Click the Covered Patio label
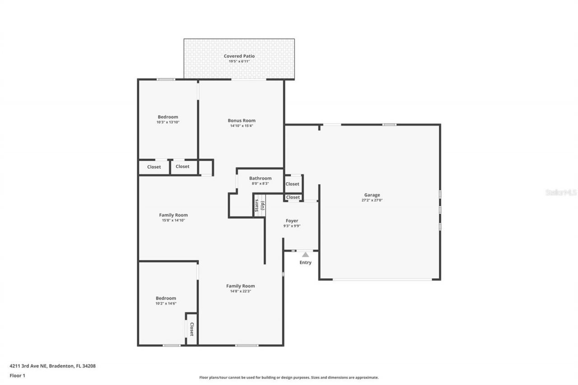click(x=239, y=56)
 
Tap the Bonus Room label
click(x=242, y=121)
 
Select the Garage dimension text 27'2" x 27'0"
click(x=372, y=200)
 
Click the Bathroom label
click(x=260, y=178)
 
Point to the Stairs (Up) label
click(x=259, y=206)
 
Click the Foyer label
click(x=292, y=221)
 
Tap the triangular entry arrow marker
click(x=306, y=255)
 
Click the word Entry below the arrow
click(x=306, y=263)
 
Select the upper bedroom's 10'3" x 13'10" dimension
click(x=168, y=122)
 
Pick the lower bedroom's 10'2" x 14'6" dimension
click(x=166, y=304)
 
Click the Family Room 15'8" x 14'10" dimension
click(x=173, y=220)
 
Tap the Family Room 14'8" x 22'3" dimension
click(x=240, y=291)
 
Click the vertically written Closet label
click(x=191, y=329)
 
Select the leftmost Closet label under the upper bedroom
click(x=154, y=167)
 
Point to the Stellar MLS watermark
click(x=561, y=192)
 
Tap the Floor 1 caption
click(x=17, y=375)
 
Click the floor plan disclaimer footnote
click(x=289, y=377)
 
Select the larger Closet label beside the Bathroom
click(x=292, y=184)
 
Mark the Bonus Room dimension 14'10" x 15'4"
click(x=242, y=126)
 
